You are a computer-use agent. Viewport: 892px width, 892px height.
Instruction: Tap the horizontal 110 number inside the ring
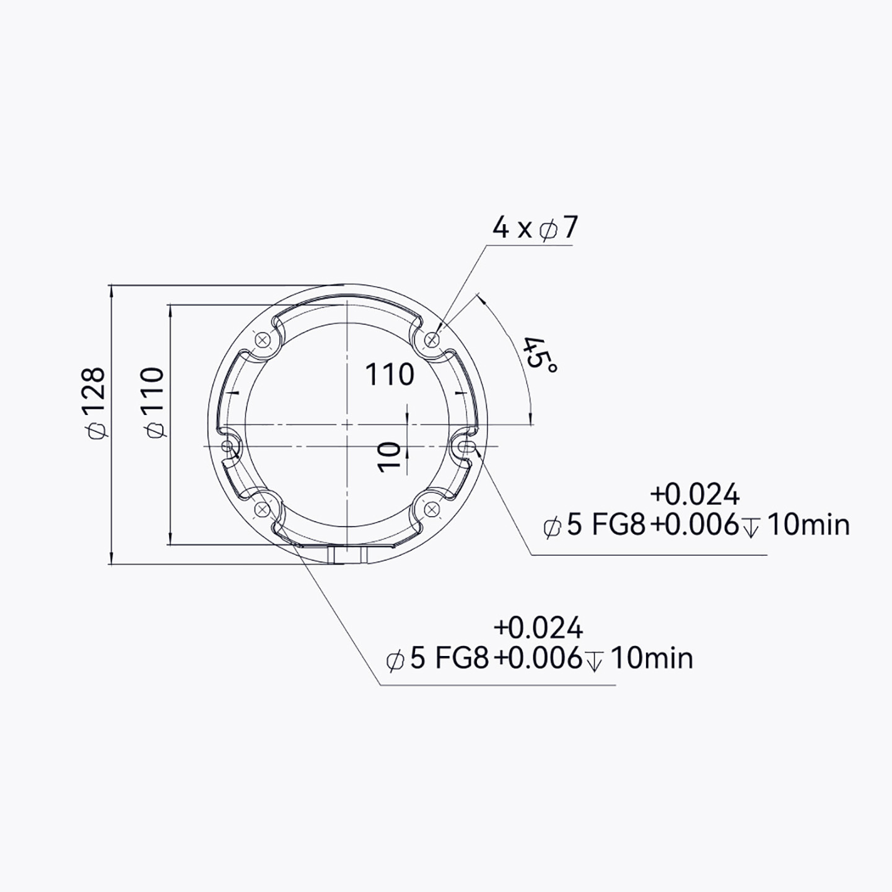[390, 374]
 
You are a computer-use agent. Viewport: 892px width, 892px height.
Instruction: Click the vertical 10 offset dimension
[389, 457]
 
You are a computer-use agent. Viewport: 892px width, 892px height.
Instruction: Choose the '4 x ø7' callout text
[535, 228]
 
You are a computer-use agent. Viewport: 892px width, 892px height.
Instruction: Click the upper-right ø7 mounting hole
[432, 340]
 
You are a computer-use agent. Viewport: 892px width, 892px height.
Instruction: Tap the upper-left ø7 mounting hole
[263, 340]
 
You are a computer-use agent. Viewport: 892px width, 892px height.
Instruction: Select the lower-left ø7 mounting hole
[263, 510]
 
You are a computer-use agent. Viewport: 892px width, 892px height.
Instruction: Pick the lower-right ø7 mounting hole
[432, 510]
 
